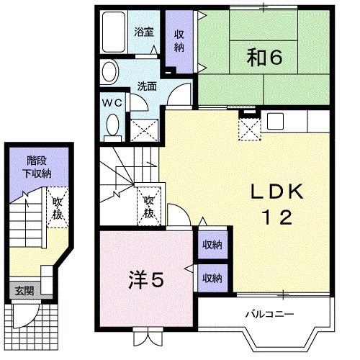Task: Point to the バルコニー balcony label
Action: pos(269,314)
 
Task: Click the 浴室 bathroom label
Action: pos(144,31)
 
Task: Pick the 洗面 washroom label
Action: pos(148,86)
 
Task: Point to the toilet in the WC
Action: pos(112,125)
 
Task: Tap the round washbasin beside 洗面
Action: pos(109,72)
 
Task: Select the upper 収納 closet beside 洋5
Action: pos(211,245)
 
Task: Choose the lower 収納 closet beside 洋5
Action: pos(211,277)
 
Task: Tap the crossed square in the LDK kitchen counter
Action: pos(250,130)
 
